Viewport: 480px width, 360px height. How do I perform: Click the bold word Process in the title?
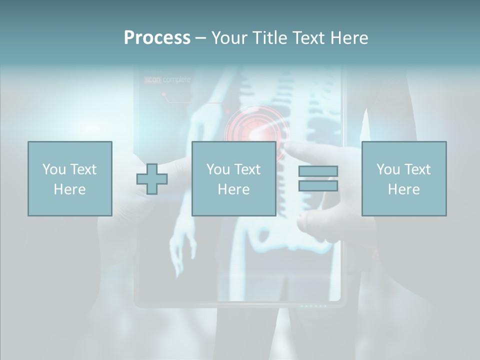tap(157, 38)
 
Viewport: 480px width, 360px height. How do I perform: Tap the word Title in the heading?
tap(271, 38)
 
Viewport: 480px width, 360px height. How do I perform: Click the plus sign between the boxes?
tap(152, 179)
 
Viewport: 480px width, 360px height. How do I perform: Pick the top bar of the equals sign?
tap(318, 171)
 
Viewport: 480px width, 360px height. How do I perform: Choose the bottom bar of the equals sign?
tap(318, 185)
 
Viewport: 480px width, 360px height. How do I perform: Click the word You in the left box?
tap(54, 169)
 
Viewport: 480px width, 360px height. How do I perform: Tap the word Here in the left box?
tap(69, 189)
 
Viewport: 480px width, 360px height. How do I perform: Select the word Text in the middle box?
tap(247, 169)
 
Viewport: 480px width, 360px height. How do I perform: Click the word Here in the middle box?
tap(233, 189)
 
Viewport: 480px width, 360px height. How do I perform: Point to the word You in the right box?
tap(388, 169)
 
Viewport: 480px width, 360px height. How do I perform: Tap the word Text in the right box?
tap(417, 169)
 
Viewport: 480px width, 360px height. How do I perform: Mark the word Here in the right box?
tap(403, 189)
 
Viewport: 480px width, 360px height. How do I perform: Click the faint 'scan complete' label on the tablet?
tap(167, 79)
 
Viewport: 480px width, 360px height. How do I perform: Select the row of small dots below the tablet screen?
tap(313, 305)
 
